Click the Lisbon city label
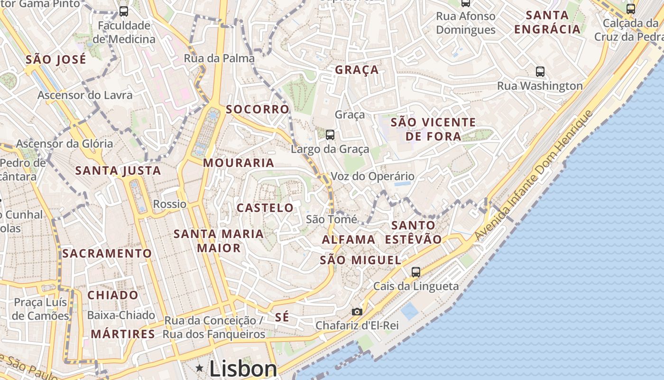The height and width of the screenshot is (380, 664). tap(243, 369)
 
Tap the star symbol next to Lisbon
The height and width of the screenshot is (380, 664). tap(200, 368)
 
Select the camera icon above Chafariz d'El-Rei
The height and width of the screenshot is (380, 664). tap(357, 312)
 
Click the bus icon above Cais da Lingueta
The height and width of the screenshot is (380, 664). tap(416, 272)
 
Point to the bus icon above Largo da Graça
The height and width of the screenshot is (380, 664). tap(330, 134)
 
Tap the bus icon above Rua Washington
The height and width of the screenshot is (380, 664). tap(540, 72)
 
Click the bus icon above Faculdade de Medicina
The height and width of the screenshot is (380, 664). tap(124, 11)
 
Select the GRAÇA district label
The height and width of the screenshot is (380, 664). tap(357, 70)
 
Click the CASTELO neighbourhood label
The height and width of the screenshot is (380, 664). tap(265, 208)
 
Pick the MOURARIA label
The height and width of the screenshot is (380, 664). tap(239, 163)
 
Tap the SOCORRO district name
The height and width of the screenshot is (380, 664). tap(257, 109)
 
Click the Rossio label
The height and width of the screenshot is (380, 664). tap(170, 204)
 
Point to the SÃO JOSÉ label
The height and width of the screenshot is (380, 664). tap(56, 59)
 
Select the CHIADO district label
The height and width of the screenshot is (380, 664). tap(113, 295)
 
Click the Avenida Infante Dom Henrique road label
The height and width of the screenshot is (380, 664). tap(534, 176)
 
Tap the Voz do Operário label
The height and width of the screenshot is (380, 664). tap(372, 176)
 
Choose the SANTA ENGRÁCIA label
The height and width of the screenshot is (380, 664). tap(547, 22)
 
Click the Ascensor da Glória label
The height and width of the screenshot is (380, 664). tap(65, 143)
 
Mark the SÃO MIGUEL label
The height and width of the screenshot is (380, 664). tap(360, 260)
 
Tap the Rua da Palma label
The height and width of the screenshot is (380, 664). tap(219, 58)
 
